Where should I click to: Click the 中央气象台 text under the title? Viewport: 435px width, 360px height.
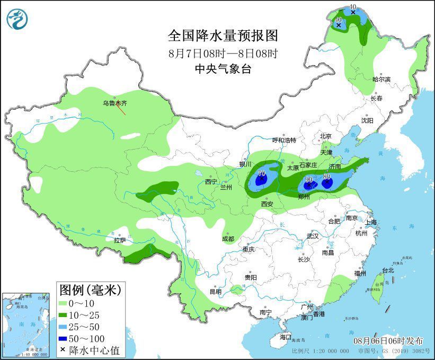click(223, 68)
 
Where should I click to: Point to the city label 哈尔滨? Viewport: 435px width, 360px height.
click(381, 79)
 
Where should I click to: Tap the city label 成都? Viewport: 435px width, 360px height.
click(228, 239)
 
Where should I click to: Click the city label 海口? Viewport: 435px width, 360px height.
click(286, 337)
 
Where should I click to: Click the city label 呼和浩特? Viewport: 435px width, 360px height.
click(284, 140)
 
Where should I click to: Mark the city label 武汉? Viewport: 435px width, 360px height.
click(313, 236)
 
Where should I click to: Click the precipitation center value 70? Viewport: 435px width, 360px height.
click(261, 173)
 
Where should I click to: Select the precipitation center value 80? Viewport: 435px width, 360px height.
click(327, 177)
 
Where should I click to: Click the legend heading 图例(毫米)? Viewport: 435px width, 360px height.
click(90, 289)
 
